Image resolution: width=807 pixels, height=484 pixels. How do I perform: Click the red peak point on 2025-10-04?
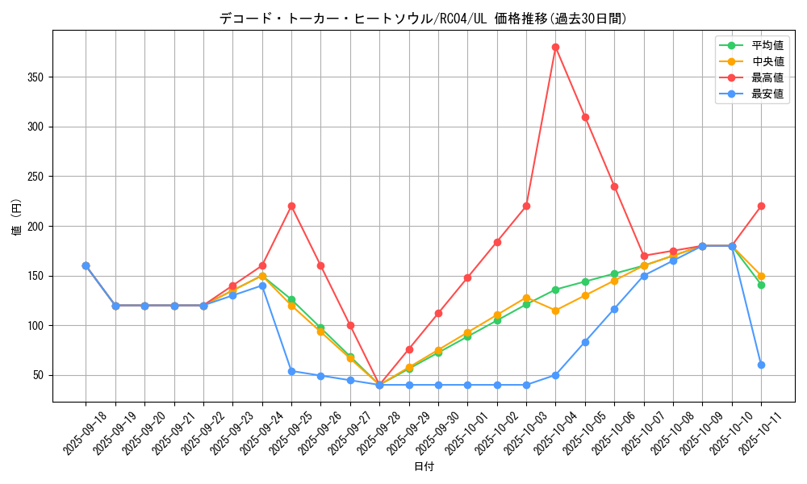[555, 47]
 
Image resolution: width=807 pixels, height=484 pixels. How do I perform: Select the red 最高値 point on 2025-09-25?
[291, 206]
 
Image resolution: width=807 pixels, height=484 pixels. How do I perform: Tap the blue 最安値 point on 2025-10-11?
[761, 365]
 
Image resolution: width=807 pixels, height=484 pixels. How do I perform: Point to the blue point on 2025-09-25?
[291, 371]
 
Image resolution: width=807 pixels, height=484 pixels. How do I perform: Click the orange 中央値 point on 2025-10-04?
[555, 311]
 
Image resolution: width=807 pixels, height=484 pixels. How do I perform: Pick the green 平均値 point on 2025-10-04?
[555, 290]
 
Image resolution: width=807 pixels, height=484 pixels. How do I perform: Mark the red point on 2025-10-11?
[761, 206]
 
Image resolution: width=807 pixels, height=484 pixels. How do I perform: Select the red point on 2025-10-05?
[585, 117]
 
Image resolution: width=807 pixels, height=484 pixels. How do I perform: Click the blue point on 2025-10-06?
[614, 309]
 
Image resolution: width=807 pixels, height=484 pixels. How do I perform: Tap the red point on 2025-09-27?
[350, 325]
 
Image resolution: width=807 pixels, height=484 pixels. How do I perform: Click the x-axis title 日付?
[424, 467]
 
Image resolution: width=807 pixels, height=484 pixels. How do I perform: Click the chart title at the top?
[423, 19]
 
